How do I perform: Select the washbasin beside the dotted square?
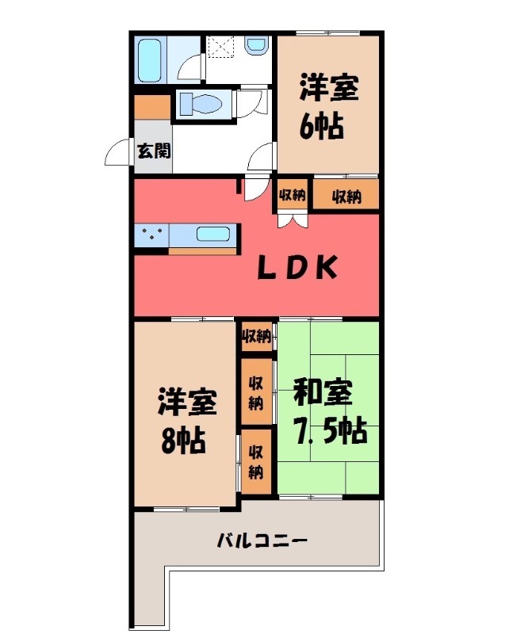click(258, 48)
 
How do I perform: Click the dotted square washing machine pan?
click(221, 48)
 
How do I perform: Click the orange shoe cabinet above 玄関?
click(151, 106)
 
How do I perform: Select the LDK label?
click(297, 268)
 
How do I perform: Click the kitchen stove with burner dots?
click(152, 235)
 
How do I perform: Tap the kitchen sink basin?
click(213, 235)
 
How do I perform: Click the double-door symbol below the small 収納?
click(289, 218)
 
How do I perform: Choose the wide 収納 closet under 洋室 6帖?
click(346, 196)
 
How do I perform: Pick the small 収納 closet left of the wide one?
click(292, 196)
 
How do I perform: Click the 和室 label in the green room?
click(323, 394)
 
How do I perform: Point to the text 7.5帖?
click(329, 430)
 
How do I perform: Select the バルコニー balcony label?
click(262, 542)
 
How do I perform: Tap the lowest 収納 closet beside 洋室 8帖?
click(255, 462)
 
